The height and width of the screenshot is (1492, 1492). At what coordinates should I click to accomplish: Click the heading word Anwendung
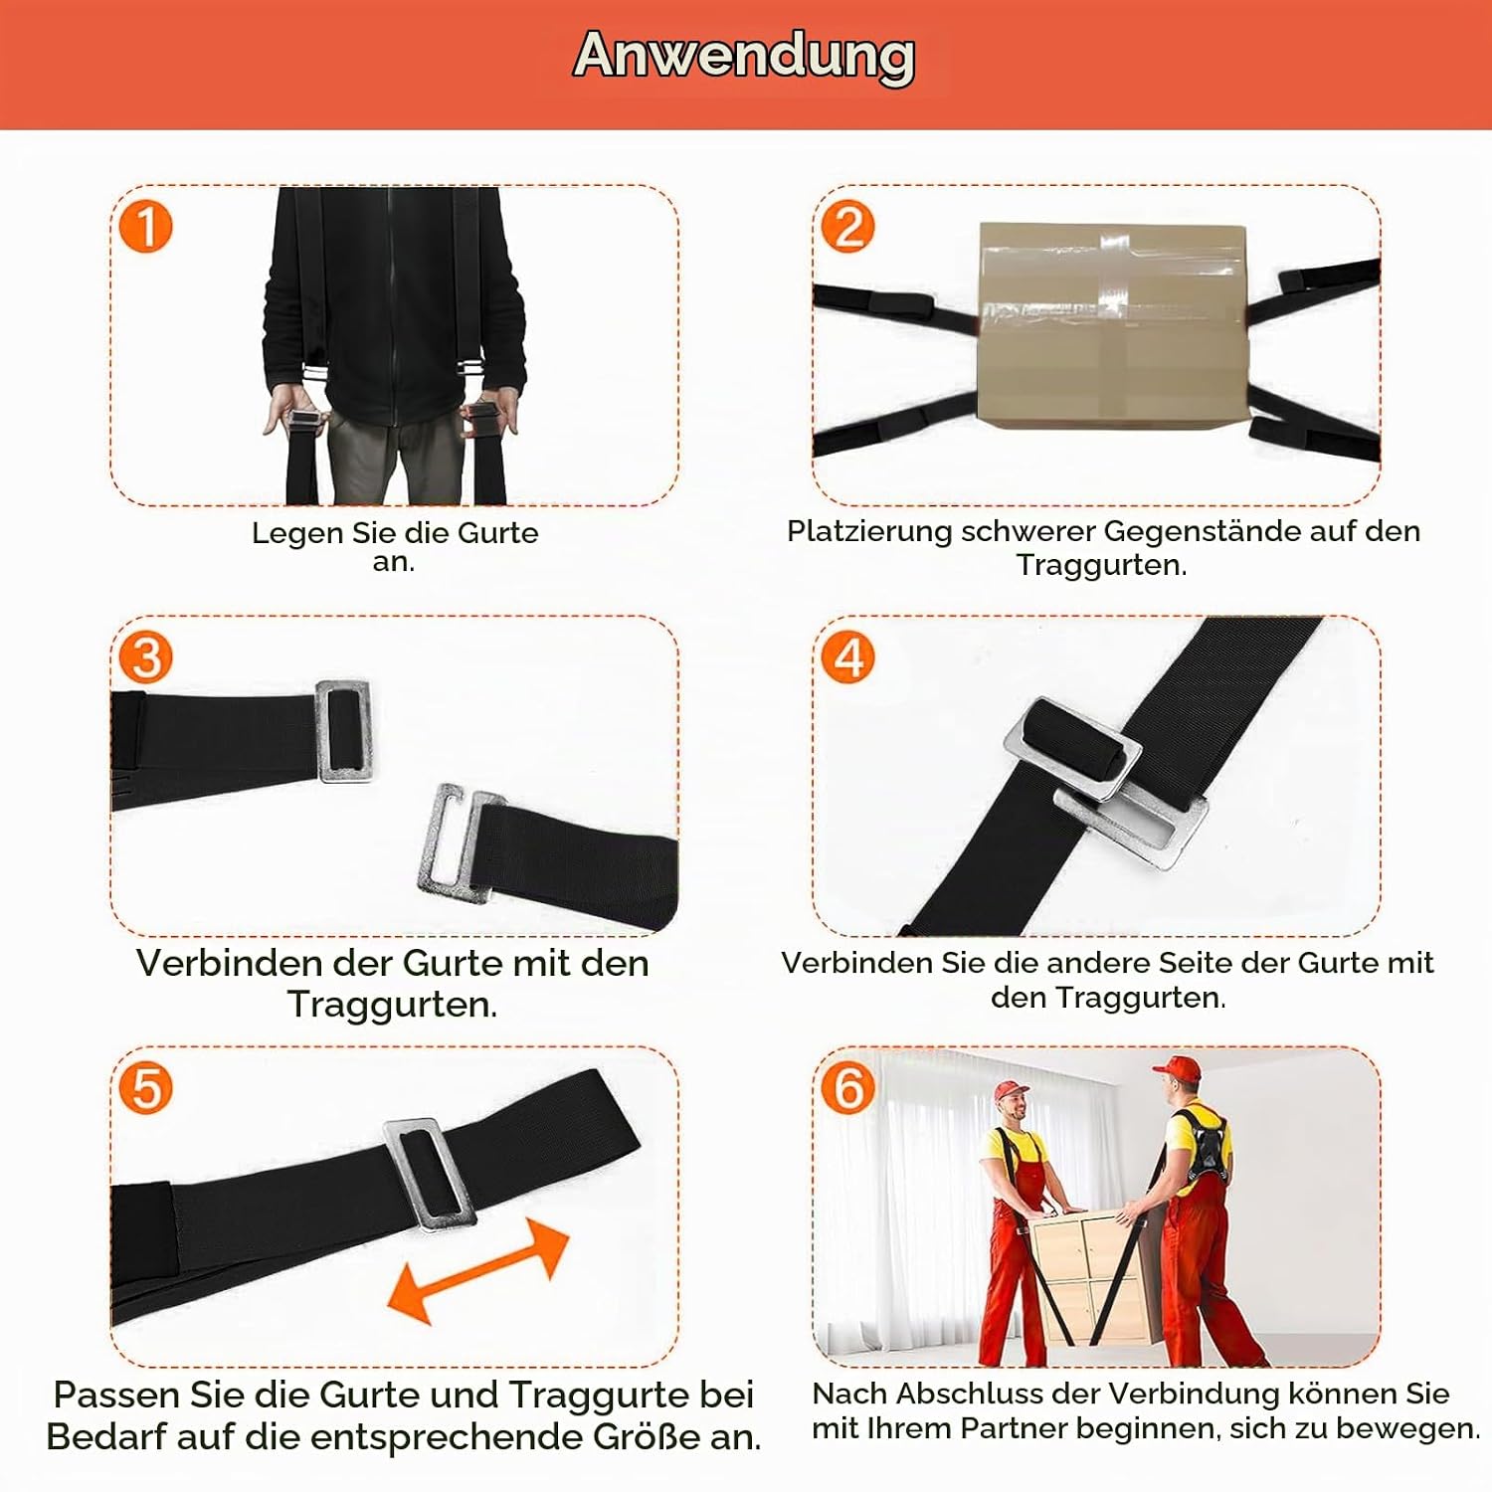(x=744, y=57)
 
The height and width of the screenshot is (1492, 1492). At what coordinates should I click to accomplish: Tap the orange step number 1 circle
(x=146, y=227)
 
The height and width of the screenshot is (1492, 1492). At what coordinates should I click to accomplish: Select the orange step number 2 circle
(x=847, y=227)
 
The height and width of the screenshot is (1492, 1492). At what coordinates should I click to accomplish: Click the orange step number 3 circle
(x=146, y=657)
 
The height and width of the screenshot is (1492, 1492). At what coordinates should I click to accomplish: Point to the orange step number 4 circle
(x=847, y=657)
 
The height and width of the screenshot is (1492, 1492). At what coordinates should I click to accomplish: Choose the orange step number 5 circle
(x=146, y=1088)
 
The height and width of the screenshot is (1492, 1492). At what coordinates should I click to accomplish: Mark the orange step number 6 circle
(x=847, y=1088)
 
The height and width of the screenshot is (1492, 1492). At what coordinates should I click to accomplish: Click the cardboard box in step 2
(x=1111, y=327)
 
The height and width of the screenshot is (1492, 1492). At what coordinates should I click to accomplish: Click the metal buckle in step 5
(x=430, y=1175)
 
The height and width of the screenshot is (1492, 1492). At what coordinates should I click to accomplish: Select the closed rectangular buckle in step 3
(x=344, y=731)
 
